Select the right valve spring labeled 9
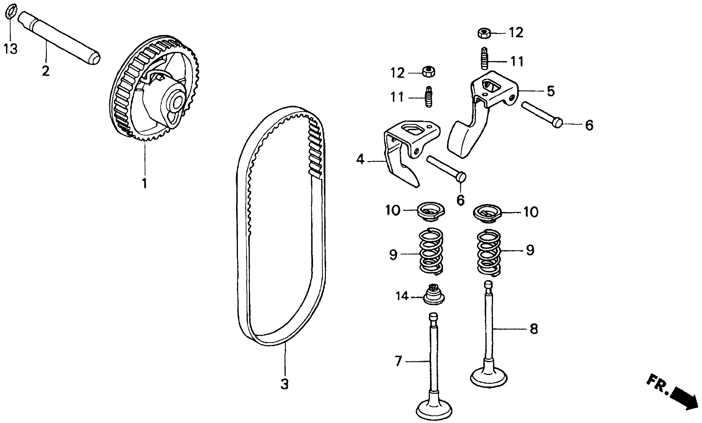[x=489, y=253]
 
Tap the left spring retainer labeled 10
[x=431, y=212]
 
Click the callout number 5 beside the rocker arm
[x=551, y=91]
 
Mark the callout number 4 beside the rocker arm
[x=360, y=160]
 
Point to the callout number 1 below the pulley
[x=144, y=183]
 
